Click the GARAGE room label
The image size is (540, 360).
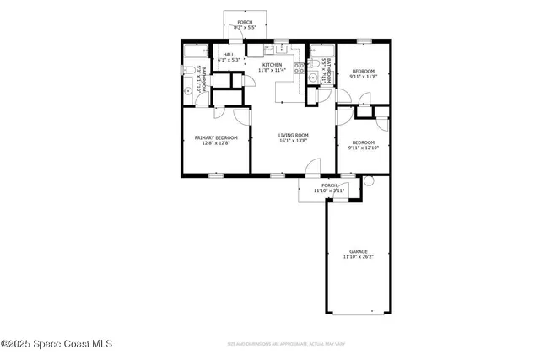pos(359,251)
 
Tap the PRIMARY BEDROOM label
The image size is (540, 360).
pos(216,137)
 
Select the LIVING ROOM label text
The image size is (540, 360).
pos(294,135)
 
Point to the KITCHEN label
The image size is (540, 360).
pos(272,65)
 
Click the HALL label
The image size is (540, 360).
pos(229,54)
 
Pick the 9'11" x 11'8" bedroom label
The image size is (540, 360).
pos(363,71)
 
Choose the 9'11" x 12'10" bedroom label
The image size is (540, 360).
pos(363,142)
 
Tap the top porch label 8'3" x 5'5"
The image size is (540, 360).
pos(245,23)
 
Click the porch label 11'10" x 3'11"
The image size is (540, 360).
pos(329,185)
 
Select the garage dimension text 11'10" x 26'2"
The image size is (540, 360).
pos(359,257)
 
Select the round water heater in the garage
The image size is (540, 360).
pos(368,182)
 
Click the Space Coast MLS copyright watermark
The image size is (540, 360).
pos(57,344)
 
